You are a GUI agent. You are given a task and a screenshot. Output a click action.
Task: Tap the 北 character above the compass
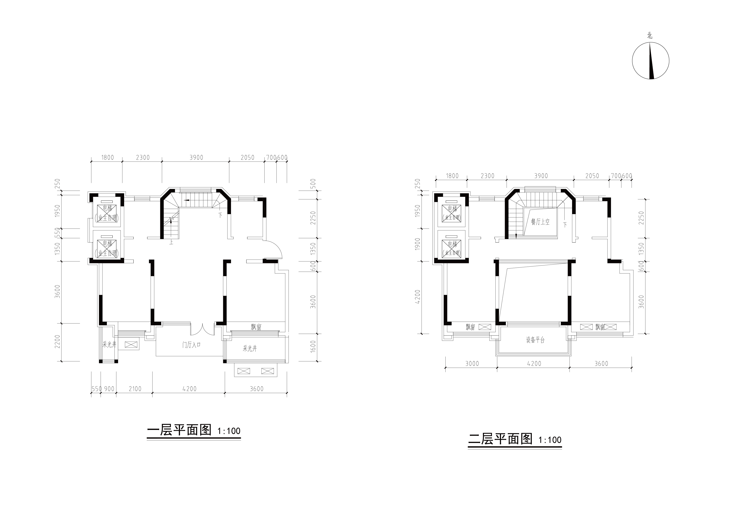click(x=650, y=36)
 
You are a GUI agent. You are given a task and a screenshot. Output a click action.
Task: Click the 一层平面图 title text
click(x=179, y=430)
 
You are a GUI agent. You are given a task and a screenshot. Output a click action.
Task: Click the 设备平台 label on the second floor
click(x=535, y=340)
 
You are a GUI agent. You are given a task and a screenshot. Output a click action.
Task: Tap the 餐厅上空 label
click(x=540, y=222)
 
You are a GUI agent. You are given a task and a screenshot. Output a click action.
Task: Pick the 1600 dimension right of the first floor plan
click(x=313, y=346)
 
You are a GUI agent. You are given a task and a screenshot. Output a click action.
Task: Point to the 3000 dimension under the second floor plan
click(x=472, y=363)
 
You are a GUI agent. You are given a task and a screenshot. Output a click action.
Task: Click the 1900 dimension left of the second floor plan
click(x=418, y=245)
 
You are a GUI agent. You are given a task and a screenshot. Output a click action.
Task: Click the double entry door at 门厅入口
click(x=202, y=330)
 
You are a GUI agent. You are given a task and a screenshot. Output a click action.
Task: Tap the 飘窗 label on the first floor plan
click(x=256, y=327)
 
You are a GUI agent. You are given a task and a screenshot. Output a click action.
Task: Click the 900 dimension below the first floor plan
click(x=109, y=389)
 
